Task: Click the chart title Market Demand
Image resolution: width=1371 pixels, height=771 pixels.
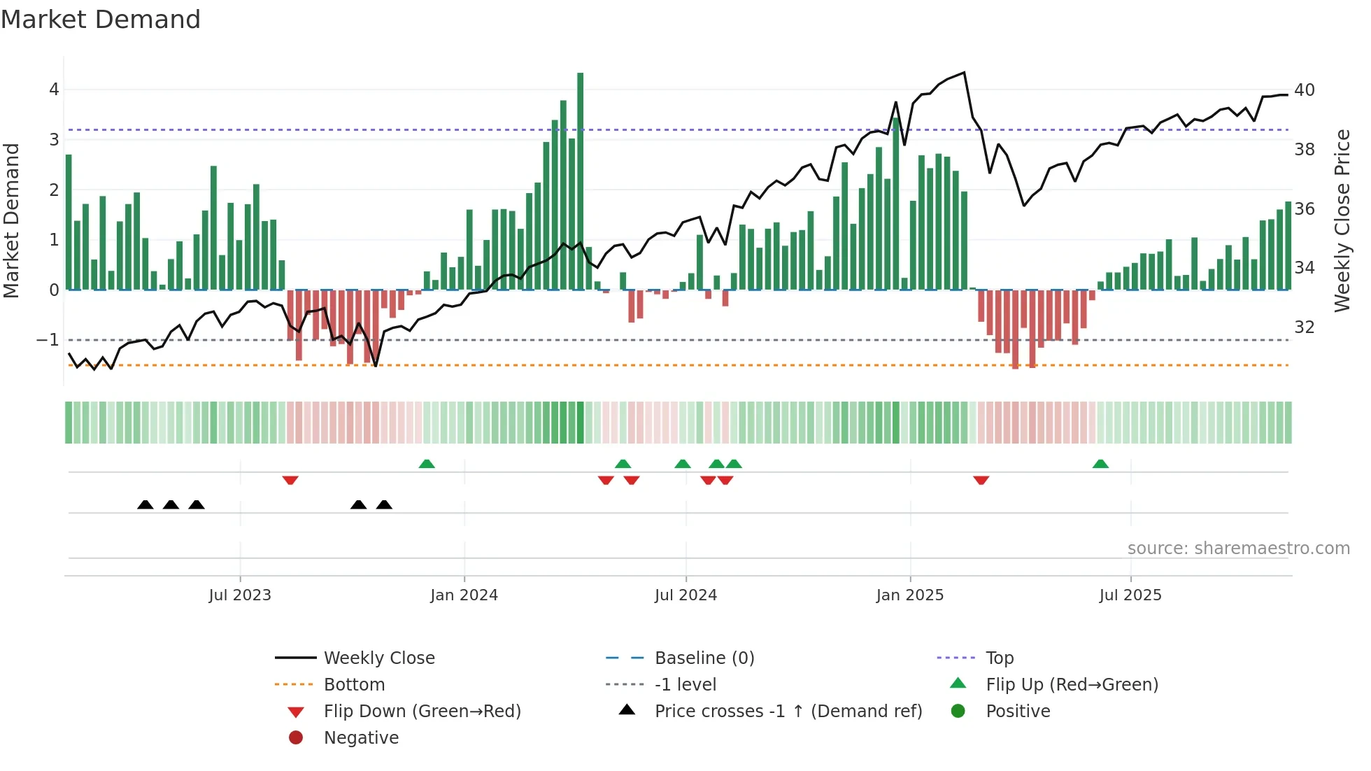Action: click(x=101, y=20)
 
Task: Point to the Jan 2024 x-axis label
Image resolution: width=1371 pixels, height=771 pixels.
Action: click(x=464, y=595)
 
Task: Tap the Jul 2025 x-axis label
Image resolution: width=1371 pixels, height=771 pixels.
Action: click(x=1130, y=595)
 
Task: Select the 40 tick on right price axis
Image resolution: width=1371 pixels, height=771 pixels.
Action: click(x=1304, y=90)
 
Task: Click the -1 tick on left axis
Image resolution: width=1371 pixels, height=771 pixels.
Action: click(x=48, y=340)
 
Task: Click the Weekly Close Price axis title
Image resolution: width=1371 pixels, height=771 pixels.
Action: click(x=1342, y=220)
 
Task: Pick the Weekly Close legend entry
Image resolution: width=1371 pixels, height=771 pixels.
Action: click(x=378, y=658)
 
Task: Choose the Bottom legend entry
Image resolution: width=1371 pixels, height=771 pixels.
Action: click(x=354, y=685)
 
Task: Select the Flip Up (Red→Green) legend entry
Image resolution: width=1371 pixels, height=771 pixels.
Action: click(x=1072, y=685)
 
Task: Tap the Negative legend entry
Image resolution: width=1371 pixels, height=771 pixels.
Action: click(x=361, y=738)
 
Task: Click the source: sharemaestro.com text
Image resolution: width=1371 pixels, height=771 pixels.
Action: click(x=1238, y=549)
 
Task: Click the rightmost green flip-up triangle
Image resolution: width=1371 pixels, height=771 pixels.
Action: click(x=1100, y=464)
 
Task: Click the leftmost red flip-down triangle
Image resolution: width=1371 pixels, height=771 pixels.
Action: click(x=290, y=480)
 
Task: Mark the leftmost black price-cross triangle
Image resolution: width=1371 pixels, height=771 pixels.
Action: click(x=145, y=504)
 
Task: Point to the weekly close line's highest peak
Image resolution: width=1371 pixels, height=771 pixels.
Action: click(x=965, y=73)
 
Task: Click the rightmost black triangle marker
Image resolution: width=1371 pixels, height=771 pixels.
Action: click(x=384, y=504)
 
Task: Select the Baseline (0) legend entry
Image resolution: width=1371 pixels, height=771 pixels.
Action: click(x=704, y=658)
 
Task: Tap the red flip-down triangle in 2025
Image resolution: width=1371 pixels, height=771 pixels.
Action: click(x=981, y=480)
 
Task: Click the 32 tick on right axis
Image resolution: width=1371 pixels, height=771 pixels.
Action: click(x=1304, y=327)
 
